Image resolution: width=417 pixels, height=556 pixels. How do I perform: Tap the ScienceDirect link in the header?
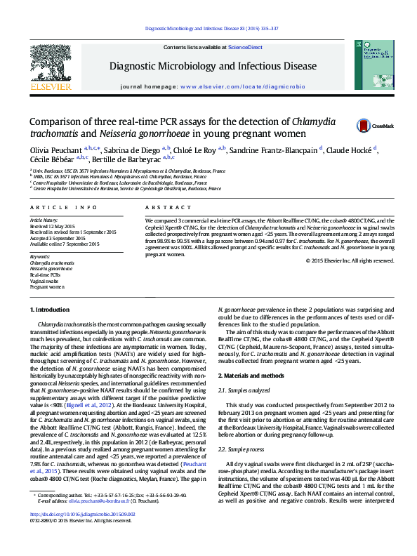coord(246,47)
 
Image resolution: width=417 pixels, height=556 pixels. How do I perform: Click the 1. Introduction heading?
coord(51,310)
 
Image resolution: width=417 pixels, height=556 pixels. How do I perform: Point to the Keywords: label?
coord(41,256)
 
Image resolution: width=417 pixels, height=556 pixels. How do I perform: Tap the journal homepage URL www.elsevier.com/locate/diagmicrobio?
coord(242,86)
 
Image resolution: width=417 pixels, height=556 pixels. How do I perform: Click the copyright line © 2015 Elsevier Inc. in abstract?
coord(350,260)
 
